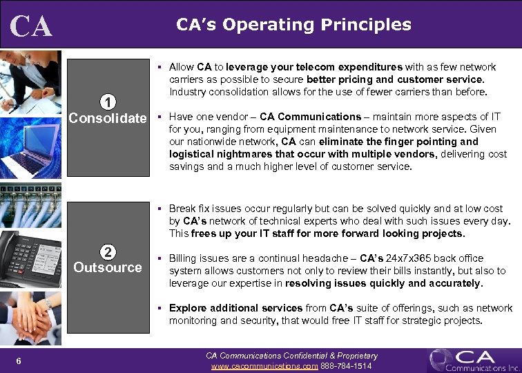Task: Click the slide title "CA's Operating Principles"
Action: pos(293,25)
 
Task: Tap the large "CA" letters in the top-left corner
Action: pos(31,26)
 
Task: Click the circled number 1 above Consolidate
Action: pos(107,102)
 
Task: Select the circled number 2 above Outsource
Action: pos(107,251)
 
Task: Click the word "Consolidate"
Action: pos(107,117)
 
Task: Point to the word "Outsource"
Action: pos(107,267)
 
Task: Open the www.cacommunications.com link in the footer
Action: pos(264,365)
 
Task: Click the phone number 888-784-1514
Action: pos(347,365)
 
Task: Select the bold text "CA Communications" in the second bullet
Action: pos(310,117)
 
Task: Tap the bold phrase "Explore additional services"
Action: pos(235,308)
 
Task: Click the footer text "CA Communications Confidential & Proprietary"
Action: pos(292,356)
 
